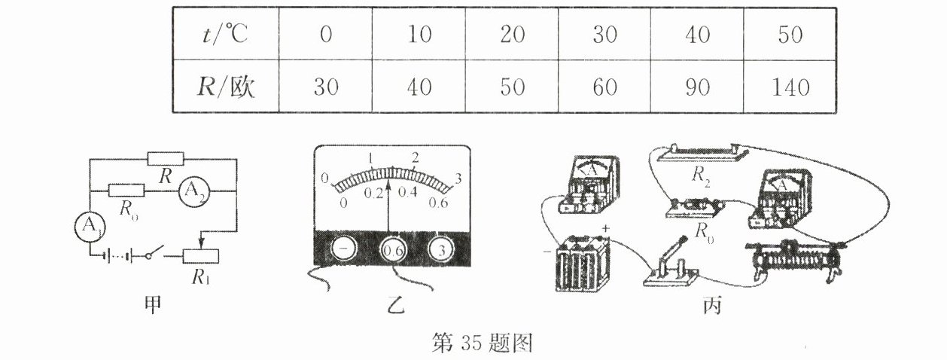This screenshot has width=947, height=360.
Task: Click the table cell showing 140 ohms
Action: [790, 87]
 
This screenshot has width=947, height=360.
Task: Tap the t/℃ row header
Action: [224, 35]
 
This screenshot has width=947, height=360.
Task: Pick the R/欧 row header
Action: [224, 87]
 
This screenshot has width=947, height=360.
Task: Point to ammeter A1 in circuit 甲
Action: [90, 224]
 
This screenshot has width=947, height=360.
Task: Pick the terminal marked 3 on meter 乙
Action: [443, 249]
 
